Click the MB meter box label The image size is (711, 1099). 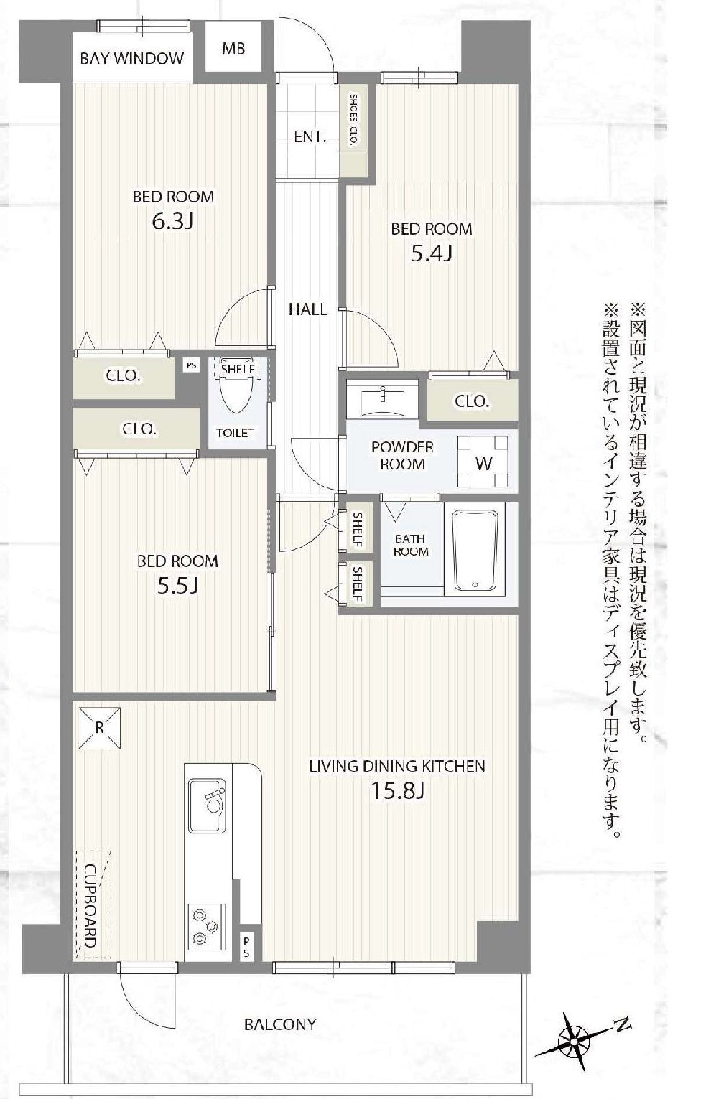(x=233, y=49)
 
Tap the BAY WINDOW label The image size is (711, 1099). (x=131, y=59)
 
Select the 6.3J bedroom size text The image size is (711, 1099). (x=173, y=222)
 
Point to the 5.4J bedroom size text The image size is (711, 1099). (x=431, y=253)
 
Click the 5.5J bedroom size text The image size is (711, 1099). (x=177, y=585)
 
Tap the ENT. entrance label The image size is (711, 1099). (x=310, y=137)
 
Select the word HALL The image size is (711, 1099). (x=308, y=309)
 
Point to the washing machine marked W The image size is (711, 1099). (x=483, y=462)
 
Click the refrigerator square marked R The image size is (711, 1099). (x=100, y=728)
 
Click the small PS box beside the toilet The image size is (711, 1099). (x=192, y=365)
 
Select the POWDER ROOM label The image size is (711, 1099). (x=402, y=456)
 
